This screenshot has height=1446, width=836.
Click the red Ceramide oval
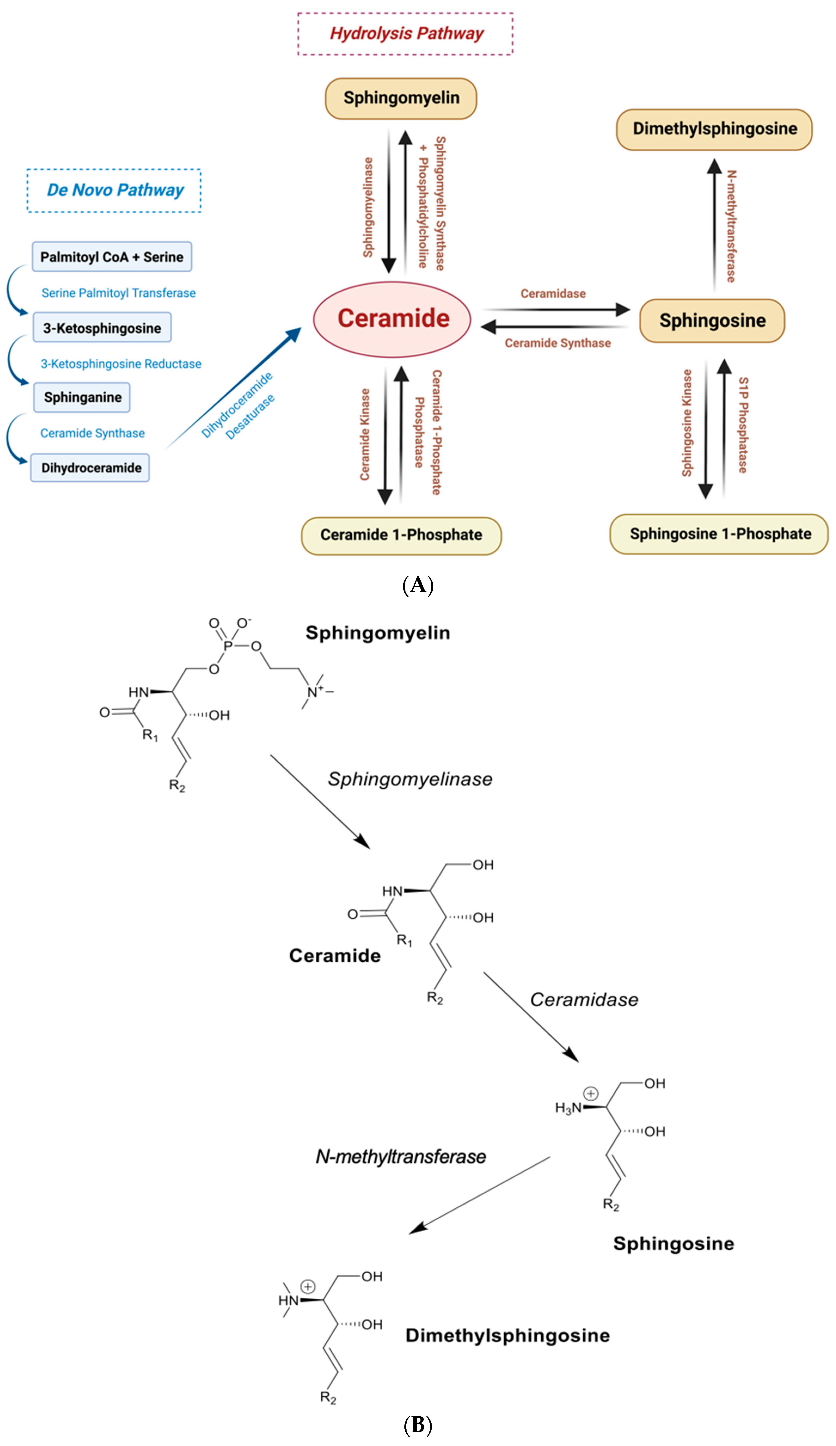click(392, 320)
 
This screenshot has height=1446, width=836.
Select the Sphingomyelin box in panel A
click(401, 98)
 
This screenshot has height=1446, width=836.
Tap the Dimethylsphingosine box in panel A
click(714, 129)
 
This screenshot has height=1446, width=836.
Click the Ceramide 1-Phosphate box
click(401, 535)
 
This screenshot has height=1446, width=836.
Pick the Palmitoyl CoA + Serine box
click(112, 257)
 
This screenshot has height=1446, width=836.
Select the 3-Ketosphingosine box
click(102, 328)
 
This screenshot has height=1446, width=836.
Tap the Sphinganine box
click(82, 397)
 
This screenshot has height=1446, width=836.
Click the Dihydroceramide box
click(90, 468)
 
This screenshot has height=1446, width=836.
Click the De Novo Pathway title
click(114, 190)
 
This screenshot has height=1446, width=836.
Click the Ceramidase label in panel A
click(553, 294)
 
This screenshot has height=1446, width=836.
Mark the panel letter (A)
click(418, 585)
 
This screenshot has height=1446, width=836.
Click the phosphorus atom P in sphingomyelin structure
click(228, 646)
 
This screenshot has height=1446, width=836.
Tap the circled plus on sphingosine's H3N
click(591, 1094)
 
